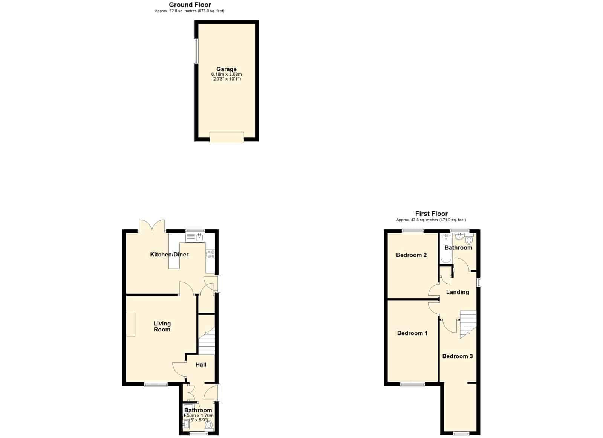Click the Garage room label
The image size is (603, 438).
click(x=227, y=69)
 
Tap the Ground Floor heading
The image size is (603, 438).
click(x=190, y=5)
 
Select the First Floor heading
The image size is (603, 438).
click(x=431, y=214)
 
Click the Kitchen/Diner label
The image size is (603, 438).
click(x=169, y=255)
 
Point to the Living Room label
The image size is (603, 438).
click(x=162, y=327)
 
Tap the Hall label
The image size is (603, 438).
click(x=201, y=365)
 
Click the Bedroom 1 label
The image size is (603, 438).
click(x=412, y=333)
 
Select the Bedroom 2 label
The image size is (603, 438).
click(x=411, y=255)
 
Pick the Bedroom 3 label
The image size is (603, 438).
click(x=458, y=356)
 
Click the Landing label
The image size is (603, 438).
click(x=458, y=292)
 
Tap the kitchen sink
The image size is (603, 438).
click(x=195, y=238)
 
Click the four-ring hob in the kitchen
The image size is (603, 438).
click(x=210, y=255)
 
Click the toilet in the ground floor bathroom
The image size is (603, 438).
click(x=209, y=425)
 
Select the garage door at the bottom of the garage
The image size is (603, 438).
click(x=227, y=137)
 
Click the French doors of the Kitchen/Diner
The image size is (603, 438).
click(x=152, y=226)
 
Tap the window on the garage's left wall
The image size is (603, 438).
click(x=196, y=51)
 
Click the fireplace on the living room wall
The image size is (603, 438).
click(x=131, y=325)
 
